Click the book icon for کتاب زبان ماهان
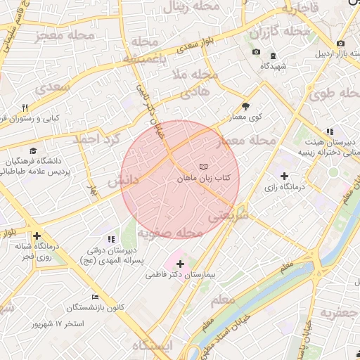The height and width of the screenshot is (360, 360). click(x=203, y=167)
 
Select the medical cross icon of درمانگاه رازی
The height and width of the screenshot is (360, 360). click(x=284, y=176)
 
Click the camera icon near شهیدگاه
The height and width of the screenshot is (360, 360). click(x=256, y=53)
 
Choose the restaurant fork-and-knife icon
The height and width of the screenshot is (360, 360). click(x=26, y=108)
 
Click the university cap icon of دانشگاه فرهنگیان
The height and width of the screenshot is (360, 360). click(x=33, y=151)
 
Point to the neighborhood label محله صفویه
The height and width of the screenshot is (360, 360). click(x=169, y=233)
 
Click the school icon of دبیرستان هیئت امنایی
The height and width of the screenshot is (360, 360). click(x=328, y=131)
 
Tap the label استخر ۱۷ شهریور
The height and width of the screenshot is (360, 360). click(x=58, y=323)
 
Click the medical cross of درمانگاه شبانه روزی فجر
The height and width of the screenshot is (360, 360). click(x=37, y=236)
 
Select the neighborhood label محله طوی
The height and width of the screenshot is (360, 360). click(x=330, y=94)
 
